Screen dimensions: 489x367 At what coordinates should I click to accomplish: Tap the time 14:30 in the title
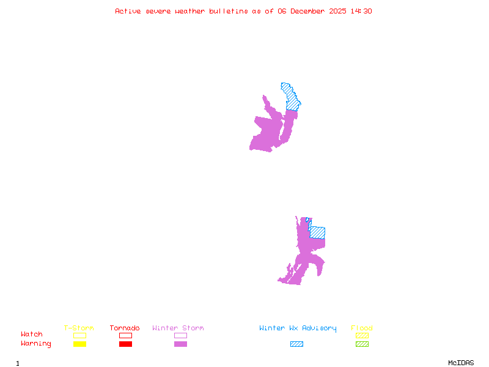point(361,11)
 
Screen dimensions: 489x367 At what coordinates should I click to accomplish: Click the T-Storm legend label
point(79,328)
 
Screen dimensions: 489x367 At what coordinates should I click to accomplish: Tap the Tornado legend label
point(125,328)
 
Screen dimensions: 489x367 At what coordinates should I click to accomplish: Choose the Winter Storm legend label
point(178,328)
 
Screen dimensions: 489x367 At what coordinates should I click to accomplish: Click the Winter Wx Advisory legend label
point(298,328)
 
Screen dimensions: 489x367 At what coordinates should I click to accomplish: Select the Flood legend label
point(362,328)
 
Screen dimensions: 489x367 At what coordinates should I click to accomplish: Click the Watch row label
point(32,335)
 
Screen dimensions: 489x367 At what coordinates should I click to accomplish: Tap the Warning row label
point(36,344)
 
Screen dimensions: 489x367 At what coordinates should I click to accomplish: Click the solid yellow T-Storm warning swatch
point(79,344)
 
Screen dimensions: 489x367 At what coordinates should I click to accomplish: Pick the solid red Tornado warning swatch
point(125,344)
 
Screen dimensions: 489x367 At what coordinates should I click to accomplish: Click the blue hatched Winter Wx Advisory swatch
point(296,344)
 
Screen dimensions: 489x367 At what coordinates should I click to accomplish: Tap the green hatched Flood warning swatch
point(362,344)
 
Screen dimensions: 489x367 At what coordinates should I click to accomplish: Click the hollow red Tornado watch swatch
point(125,335)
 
